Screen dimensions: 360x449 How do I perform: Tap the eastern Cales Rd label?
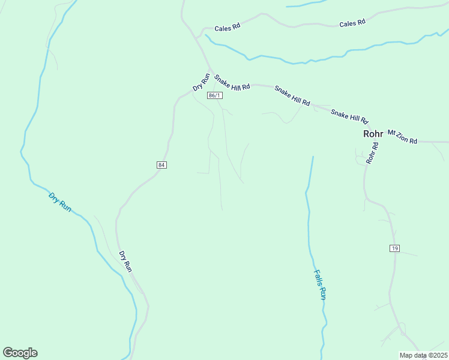click(x=352, y=23)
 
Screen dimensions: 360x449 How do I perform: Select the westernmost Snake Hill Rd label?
click(x=232, y=83)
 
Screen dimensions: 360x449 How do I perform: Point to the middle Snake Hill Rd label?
click(x=292, y=96)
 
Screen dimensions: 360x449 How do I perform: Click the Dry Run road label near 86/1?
click(x=201, y=82)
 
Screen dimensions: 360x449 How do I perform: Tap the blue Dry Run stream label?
click(x=60, y=202)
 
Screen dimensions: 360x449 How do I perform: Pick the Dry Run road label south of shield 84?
click(x=125, y=262)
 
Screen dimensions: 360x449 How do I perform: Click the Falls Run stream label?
click(x=320, y=284)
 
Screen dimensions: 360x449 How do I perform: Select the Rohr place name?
click(x=373, y=134)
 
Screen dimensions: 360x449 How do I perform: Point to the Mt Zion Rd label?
click(x=402, y=137)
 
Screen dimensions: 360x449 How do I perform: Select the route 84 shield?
click(x=161, y=164)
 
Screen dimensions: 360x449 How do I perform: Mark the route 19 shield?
click(x=394, y=248)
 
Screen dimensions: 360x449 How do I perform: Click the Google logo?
click(x=20, y=353)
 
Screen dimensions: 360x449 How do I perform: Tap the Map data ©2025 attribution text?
click(x=423, y=355)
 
